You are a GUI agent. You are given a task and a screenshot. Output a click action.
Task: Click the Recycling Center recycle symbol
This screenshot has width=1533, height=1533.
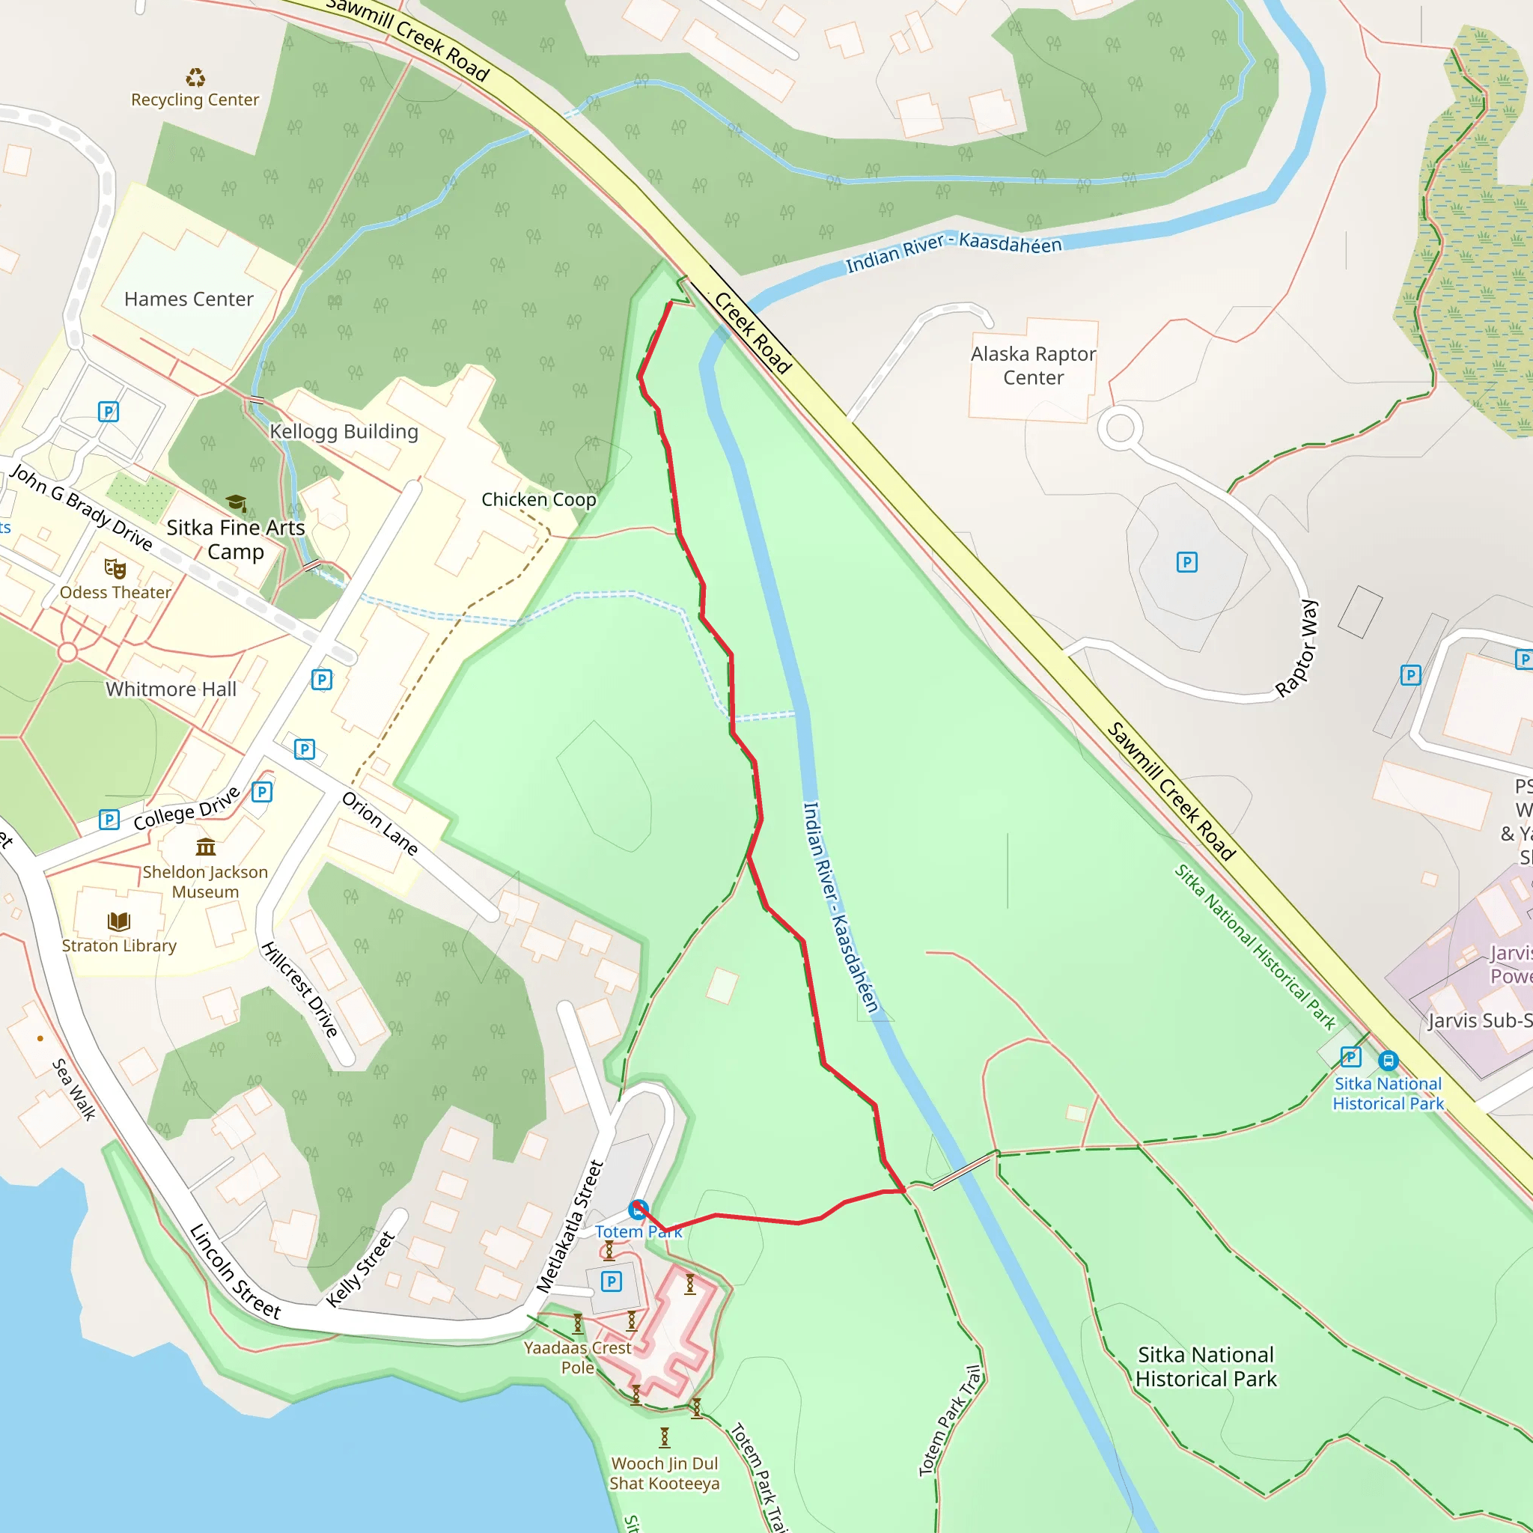[x=195, y=78]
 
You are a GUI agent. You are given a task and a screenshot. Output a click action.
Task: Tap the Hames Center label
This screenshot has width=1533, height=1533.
[x=189, y=299]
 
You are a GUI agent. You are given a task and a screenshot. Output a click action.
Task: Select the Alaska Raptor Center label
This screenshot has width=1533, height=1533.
[x=1033, y=366]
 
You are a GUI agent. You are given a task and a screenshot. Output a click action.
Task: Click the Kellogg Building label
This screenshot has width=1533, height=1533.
[x=344, y=432]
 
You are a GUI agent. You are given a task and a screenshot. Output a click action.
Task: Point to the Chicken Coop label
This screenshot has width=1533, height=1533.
[x=538, y=499]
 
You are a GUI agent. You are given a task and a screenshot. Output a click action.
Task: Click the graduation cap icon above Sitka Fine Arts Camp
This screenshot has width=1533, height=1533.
[x=236, y=503]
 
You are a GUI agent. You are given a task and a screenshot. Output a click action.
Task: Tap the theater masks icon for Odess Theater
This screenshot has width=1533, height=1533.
[x=115, y=569]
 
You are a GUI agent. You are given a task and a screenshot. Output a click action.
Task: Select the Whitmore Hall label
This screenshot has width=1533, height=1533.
[x=171, y=689]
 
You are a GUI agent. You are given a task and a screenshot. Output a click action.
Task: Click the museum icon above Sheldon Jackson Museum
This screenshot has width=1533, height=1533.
[x=206, y=847]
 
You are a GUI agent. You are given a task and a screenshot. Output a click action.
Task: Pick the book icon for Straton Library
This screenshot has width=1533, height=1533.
[x=119, y=921]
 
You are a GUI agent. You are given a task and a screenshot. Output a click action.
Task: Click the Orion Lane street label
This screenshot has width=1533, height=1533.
[x=380, y=823]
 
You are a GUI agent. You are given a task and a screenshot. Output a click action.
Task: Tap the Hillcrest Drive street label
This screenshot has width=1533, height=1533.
[x=301, y=990]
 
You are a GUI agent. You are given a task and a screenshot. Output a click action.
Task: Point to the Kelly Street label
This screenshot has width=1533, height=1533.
[x=360, y=1269]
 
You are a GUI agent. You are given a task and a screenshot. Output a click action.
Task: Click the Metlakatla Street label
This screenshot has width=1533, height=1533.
[x=570, y=1227]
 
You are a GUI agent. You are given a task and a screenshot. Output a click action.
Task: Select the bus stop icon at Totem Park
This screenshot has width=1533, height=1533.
[x=637, y=1210]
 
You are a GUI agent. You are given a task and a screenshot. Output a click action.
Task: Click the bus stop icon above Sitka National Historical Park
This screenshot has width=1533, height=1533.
[x=1388, y=1060]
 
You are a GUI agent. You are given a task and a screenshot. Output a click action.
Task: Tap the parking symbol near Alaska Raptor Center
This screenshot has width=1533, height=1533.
[x=1186, y=563]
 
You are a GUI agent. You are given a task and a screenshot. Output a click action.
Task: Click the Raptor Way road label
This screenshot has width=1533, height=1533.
[x=1297, y=648]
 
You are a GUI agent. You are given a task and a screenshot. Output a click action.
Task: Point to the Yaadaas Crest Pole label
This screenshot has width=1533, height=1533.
[x=577, y=1357]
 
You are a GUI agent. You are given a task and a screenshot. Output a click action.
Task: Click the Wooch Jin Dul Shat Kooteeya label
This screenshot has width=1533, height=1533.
[x=664, y=1472]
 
